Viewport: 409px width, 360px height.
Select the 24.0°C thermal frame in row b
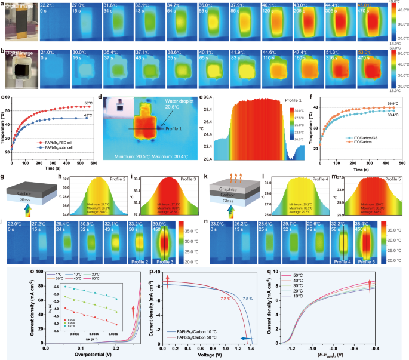click(x=51, y=74)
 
